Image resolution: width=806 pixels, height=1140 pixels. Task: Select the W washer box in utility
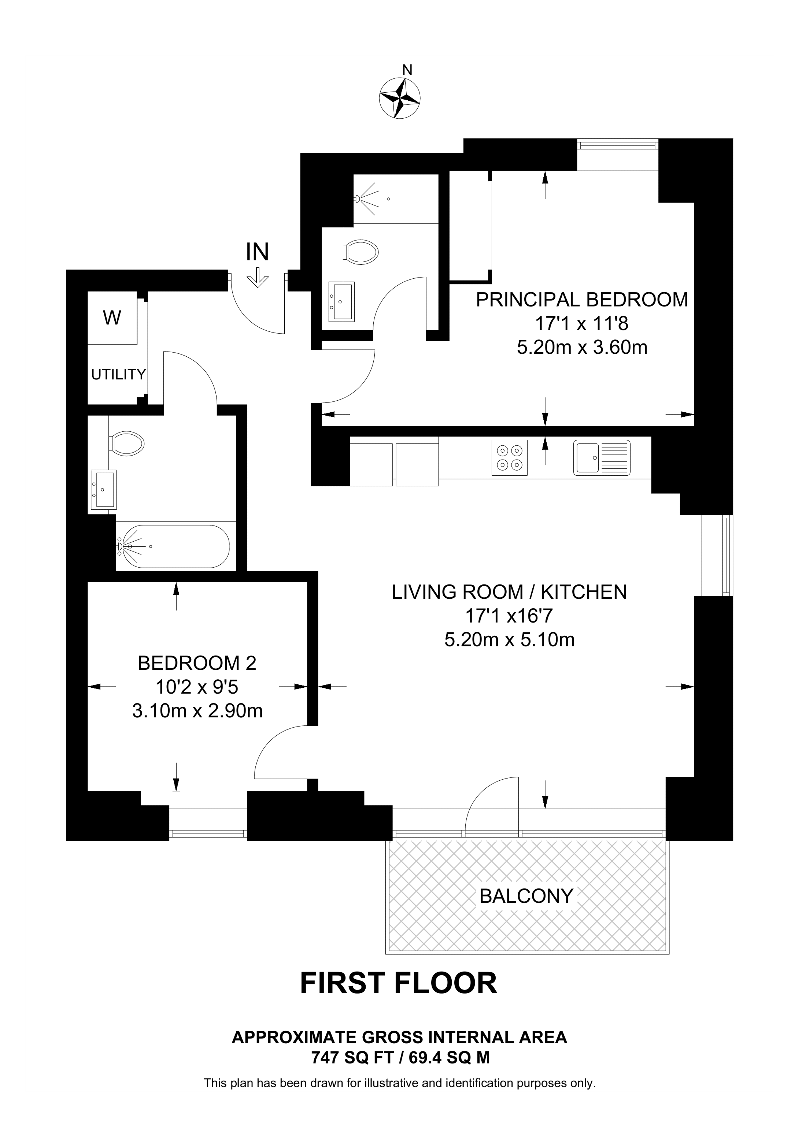pos(112,318)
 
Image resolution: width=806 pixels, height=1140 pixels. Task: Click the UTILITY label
pos(118,374)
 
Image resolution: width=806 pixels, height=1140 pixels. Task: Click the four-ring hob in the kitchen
pos(510,457)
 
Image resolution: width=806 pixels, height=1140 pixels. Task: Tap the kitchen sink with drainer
pos(602,457)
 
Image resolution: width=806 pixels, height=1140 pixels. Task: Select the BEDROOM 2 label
pos(197,663)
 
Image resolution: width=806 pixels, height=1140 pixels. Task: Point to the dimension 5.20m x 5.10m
pos(510,640)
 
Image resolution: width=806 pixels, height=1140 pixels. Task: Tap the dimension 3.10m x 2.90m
pos(197,711)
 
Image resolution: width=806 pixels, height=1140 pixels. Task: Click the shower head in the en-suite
pos(359,198)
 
